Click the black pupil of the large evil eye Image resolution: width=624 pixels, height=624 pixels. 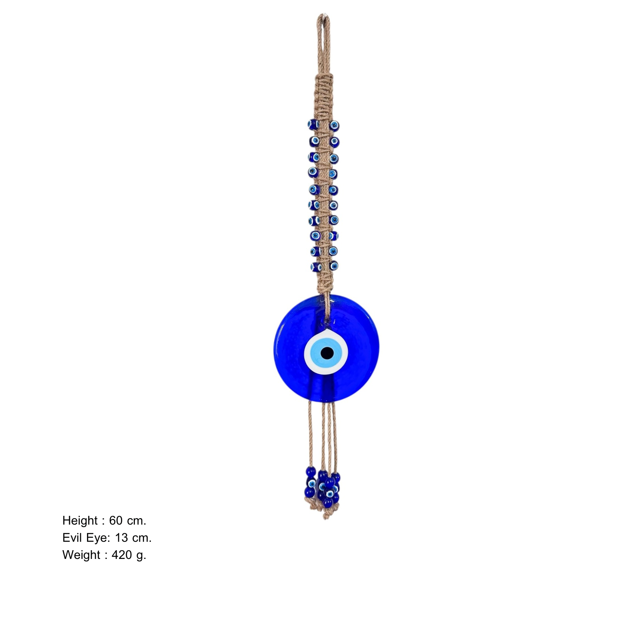327,353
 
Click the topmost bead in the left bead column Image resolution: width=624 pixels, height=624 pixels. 312,124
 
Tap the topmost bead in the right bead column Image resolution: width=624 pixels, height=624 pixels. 334,126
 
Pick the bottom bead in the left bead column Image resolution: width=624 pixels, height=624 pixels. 315,266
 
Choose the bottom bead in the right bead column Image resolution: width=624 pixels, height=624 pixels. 334,265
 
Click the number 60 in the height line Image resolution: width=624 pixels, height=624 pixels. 116,521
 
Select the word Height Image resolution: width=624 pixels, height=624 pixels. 80,521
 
